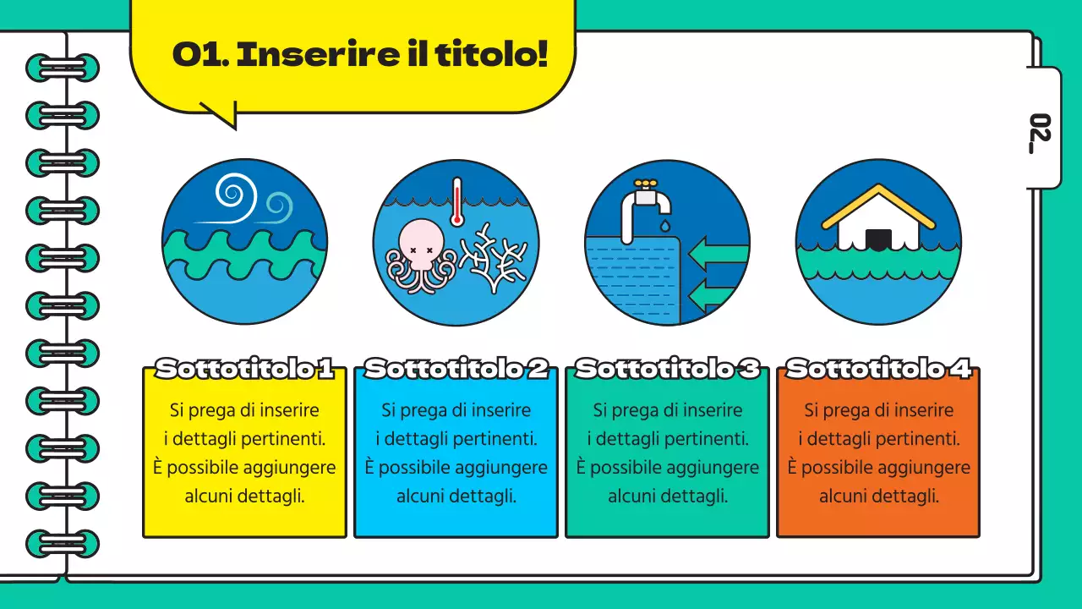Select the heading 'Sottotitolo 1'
tap(244, 369)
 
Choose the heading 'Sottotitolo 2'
tap(456, 369)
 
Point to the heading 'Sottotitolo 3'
tap(667, 369)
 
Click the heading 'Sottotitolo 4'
tap(878, 369)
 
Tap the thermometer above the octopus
tap(457, 201)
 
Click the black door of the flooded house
tap(878, 239)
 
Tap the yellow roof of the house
tap(878, 203)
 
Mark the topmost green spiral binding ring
tap(63, 68)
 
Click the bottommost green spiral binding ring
tap(63, 543)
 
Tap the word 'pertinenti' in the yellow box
tap(281, 439)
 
